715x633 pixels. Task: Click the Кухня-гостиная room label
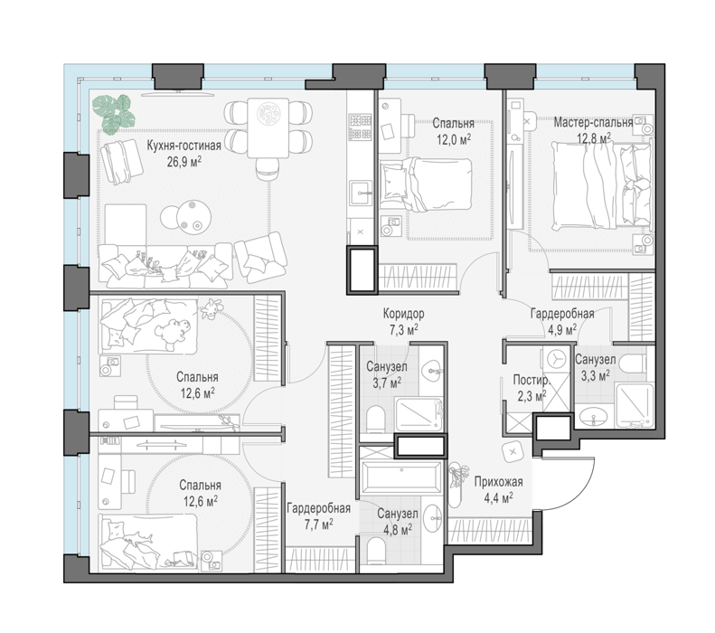coord(183,146)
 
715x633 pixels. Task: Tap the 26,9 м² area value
coord(183,162)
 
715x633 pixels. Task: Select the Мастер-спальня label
coord(593,122)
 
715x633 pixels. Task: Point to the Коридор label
coord(403,314)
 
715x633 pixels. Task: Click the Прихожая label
coord(498,482)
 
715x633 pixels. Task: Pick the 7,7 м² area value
coord(318,524)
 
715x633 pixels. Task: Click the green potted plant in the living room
coord(114,114)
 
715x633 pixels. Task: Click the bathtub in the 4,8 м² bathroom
coord(401,477)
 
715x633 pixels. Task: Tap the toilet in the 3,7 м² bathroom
coord(376,419)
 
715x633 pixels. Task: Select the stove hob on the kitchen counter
coord(361,127)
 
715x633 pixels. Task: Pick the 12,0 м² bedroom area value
coord(453,138)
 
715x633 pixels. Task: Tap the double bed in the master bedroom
coord(601,184)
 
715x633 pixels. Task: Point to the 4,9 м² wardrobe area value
coord(562,330)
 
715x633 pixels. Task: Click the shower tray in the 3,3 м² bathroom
coord(634,405)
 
